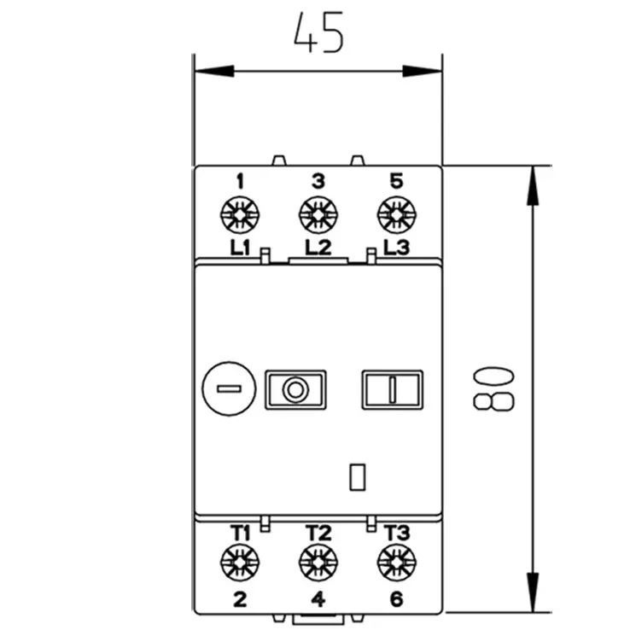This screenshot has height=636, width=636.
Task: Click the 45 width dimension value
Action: (x=318, y=33)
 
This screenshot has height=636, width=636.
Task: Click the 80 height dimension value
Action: (x=493, y=388)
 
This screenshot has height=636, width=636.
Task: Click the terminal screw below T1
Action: (x=240, y=563)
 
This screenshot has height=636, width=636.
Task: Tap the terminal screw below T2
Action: (x=318, y=563)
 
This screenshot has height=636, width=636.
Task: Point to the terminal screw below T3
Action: (x=396, y=563)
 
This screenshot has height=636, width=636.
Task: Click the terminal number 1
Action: (x=240, y=181)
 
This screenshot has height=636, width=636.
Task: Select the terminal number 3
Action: (x=318, y=181)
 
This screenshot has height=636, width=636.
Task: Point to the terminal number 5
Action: (x=396, y=181)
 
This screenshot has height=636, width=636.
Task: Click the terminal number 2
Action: (x=240, y=599)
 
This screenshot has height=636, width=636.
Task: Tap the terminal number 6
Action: (x=396, y=599)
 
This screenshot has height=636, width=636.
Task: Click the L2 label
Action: (x=318, y=248)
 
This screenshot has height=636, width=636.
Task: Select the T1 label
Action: (x=240, y=533)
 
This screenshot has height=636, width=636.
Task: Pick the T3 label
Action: (x=396, y=533)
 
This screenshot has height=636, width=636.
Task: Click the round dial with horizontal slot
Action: (x=228, y=389)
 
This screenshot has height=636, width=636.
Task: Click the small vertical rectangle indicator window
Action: (x=357, y=476)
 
